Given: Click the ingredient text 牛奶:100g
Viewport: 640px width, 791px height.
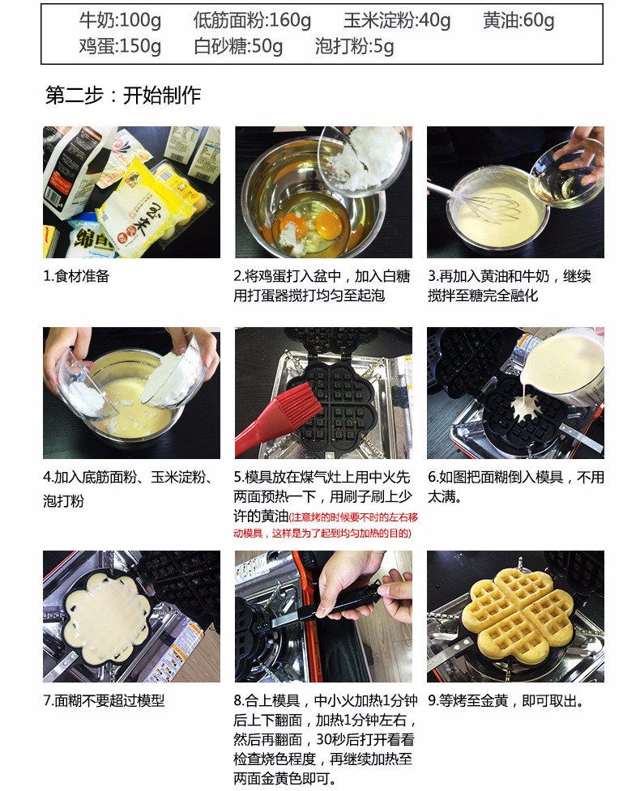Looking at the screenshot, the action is point(120,21).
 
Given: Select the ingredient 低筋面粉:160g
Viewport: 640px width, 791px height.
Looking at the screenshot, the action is point(252,21).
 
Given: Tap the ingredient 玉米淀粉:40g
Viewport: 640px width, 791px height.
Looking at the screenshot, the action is point(397,21).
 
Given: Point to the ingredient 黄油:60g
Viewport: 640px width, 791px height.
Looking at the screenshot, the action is point(518,21).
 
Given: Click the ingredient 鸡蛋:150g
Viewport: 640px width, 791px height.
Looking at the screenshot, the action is point(120,46).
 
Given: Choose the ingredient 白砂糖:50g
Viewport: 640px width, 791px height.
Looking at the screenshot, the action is point(237,46).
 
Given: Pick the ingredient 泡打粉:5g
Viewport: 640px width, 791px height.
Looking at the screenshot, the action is point(354,46).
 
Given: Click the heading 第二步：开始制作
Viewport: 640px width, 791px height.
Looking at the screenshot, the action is point(123,95).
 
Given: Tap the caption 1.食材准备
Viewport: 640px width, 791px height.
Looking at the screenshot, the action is point(76,276).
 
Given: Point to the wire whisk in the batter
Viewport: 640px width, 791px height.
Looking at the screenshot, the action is point(484,204).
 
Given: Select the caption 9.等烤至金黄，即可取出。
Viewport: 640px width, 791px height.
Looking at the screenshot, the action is point(506,700).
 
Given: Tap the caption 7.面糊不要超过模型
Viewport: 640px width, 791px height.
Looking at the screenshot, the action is point(104,700).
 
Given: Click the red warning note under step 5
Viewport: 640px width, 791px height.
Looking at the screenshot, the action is point(326,525).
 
